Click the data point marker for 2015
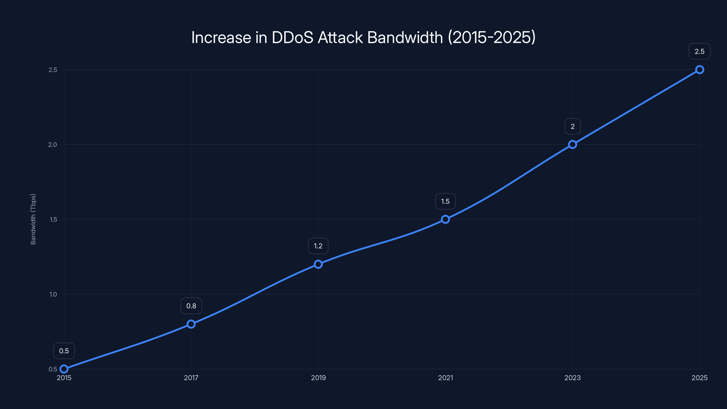pyautogui.click(x=64, y=369)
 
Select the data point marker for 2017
pyautogui.click(x=191, y=324)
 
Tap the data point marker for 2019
pyautogui.click(x=318, y=264)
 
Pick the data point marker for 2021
pyautogui.click(x=445, y=219)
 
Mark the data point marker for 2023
pyautogui.click(x=572, y=145)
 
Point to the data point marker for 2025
pyautogui.click(x=699, y=70)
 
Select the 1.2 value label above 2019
pyautogui.click(x=318, y=246)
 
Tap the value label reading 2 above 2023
pyautogui.click(x=572, y=127)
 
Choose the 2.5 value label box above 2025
pyautogui.click(x=699, y=52)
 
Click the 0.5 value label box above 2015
pyautogui.click(x=64, y=351)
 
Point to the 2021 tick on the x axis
pyautogui.click(x=445, y=378)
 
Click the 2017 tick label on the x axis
pyautogui.click(x=191, y=378)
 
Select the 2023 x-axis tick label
pyautogui.click(x=572, y=378)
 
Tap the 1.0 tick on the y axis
pyautogui.click(x=53, y=294)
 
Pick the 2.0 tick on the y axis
pyautogui.click(x=52, y=145)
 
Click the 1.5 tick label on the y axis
pyautogui.click(x=53, y=219)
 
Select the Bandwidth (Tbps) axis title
pyautogui.click(x=33, y=219)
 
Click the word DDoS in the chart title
pyautogui.click(x=292, y=37)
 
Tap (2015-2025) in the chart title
pyautogui.click(x=492, y=37)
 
